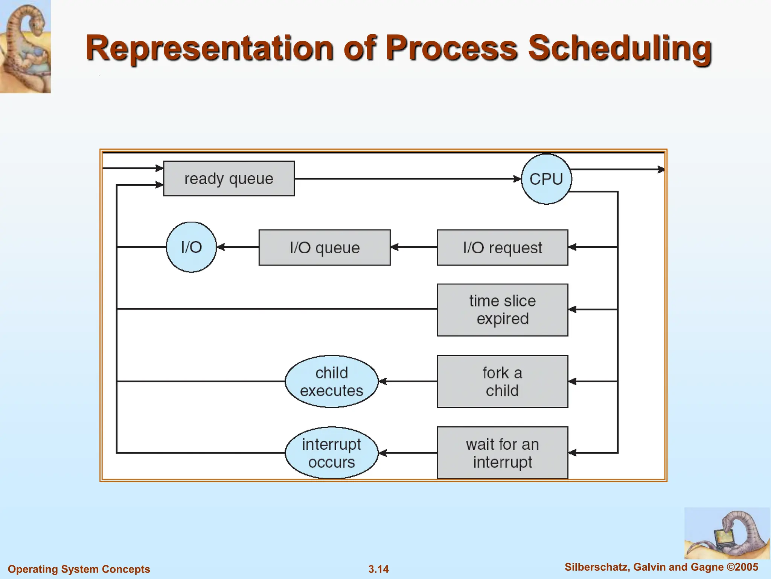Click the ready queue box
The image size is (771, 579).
[229, 179]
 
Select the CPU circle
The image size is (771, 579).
[546, 179]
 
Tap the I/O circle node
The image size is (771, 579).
[191, 247]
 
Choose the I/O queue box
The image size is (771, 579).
[325, 248]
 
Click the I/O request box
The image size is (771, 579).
[503, 248]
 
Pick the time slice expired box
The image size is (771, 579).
[503, 310]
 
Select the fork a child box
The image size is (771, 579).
[503, 381]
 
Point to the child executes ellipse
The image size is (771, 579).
[332, 381]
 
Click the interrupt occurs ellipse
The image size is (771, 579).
[332, 453]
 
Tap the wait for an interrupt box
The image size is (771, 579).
[503, 453]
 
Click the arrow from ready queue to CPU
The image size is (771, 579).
[407, 179]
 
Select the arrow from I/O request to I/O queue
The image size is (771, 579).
[414, 247]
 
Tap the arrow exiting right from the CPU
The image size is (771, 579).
[617, 170]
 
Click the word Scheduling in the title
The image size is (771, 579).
[620, 48]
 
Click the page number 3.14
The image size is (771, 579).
[378, 569]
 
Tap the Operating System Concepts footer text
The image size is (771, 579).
[79, 569]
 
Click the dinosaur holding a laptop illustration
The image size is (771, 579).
[727, 533]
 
